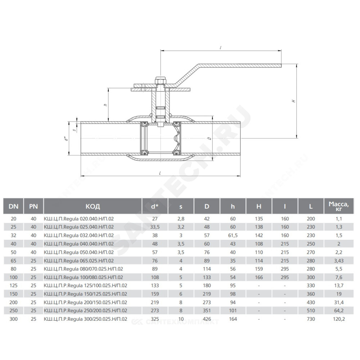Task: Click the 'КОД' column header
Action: (93, 206)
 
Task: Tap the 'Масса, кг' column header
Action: (339, 206)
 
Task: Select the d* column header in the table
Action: (155, 206)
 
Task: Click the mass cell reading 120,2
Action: (339, 319)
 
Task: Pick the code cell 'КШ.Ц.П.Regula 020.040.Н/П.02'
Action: (79, 219)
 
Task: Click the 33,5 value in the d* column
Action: (155, 227)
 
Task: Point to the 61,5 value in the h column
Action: (233, 235)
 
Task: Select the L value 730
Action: (311, 319)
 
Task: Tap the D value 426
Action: (207, 319)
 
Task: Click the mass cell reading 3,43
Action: (339, 261)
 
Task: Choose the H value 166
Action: (259, 277)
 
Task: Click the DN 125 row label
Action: (14, 285)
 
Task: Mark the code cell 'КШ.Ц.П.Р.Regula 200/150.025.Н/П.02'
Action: (85, 302)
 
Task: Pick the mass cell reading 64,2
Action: (339, 311)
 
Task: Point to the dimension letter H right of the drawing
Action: (294, 101)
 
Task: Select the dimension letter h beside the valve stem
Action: (105, 105)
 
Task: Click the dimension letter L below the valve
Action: (160, 173)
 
